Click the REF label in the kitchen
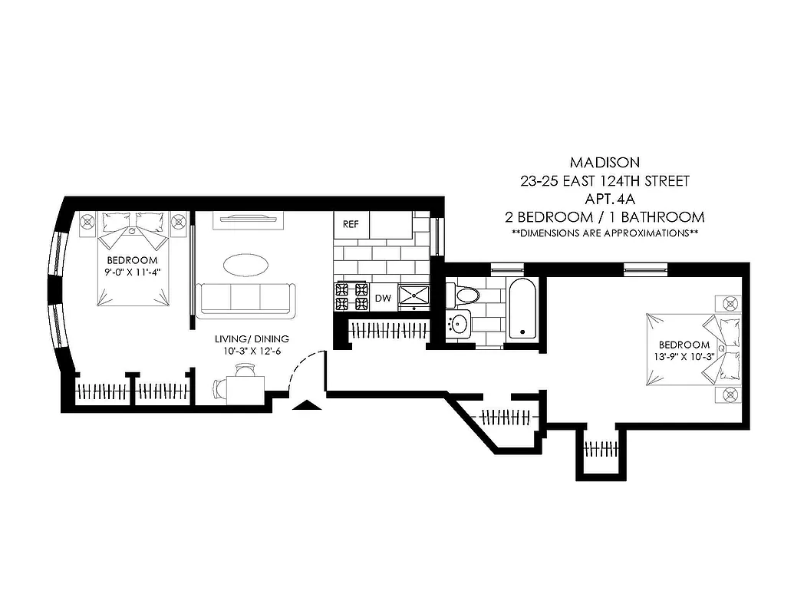[x=351, y=225]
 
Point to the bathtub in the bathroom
[x=522, y=309]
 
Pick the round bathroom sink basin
[x=459, y=323]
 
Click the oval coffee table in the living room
[x=245, y=265]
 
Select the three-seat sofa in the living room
[x=245, y=299]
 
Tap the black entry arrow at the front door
[x=305, y=407]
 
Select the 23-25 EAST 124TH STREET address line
[x=605, y=181]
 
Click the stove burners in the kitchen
[x=352, y=298]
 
